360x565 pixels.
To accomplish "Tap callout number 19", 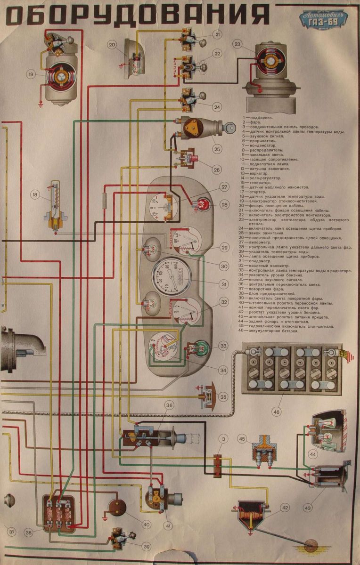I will pos(31,74).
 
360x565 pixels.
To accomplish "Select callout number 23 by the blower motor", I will pos(237,44).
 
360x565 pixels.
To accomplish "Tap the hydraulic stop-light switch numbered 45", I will pos(262,453).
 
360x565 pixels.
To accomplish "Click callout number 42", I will pos(285,508).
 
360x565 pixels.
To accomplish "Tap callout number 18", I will pos(34,194).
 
